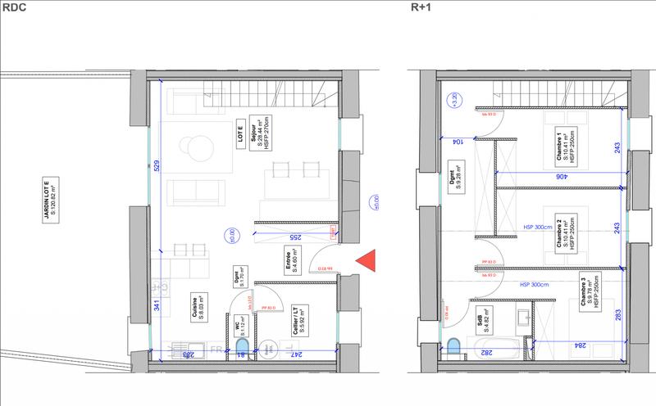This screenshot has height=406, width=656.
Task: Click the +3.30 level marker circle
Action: tap(449, 101)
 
